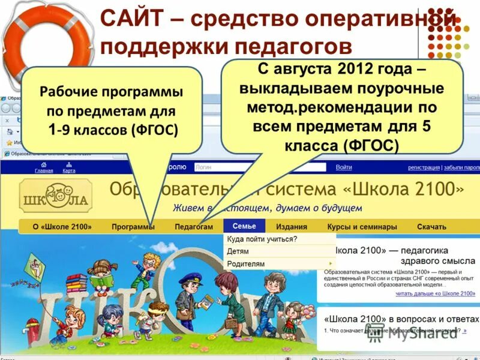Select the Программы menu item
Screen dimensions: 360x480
click(133, 227)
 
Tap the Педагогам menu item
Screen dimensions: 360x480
click(194, 227)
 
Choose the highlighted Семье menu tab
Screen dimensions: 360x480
click(244, 226)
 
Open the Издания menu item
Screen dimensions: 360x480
click(292, 227)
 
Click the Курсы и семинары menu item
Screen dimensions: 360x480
click(362, 227)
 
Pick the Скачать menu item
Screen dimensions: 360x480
click(431, 227)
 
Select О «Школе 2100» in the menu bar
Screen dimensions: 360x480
click(62, 227)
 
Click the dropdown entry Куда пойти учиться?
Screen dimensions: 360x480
click(262, 239)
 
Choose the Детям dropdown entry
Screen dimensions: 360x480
click(238, 251)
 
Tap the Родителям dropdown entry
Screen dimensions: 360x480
click(246, 263)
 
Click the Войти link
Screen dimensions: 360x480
click(344, 167)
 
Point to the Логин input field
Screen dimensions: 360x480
click(258, 167)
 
